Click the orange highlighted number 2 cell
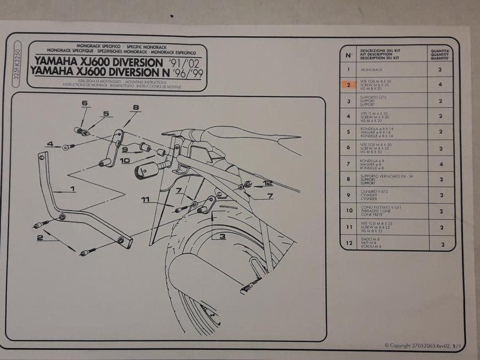[348, 85]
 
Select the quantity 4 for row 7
[441, 164]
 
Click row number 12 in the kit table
[348, 244]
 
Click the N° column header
[348, 54]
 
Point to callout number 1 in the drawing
[73, 188]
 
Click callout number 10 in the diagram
[124, 159]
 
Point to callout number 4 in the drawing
[50, 144]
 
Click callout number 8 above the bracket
[135, 108]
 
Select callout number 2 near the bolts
[39, 238]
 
